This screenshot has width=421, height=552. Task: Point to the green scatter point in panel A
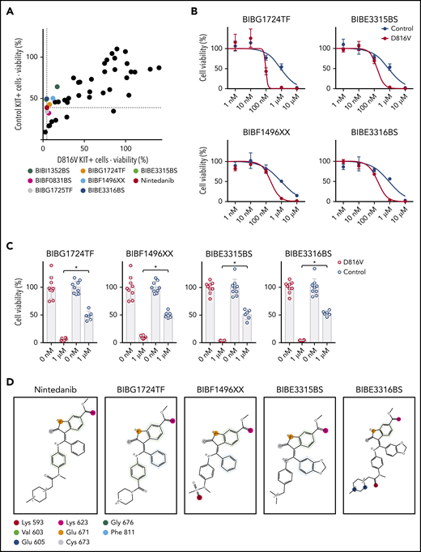pyautogui.click(x=57, y=87)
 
